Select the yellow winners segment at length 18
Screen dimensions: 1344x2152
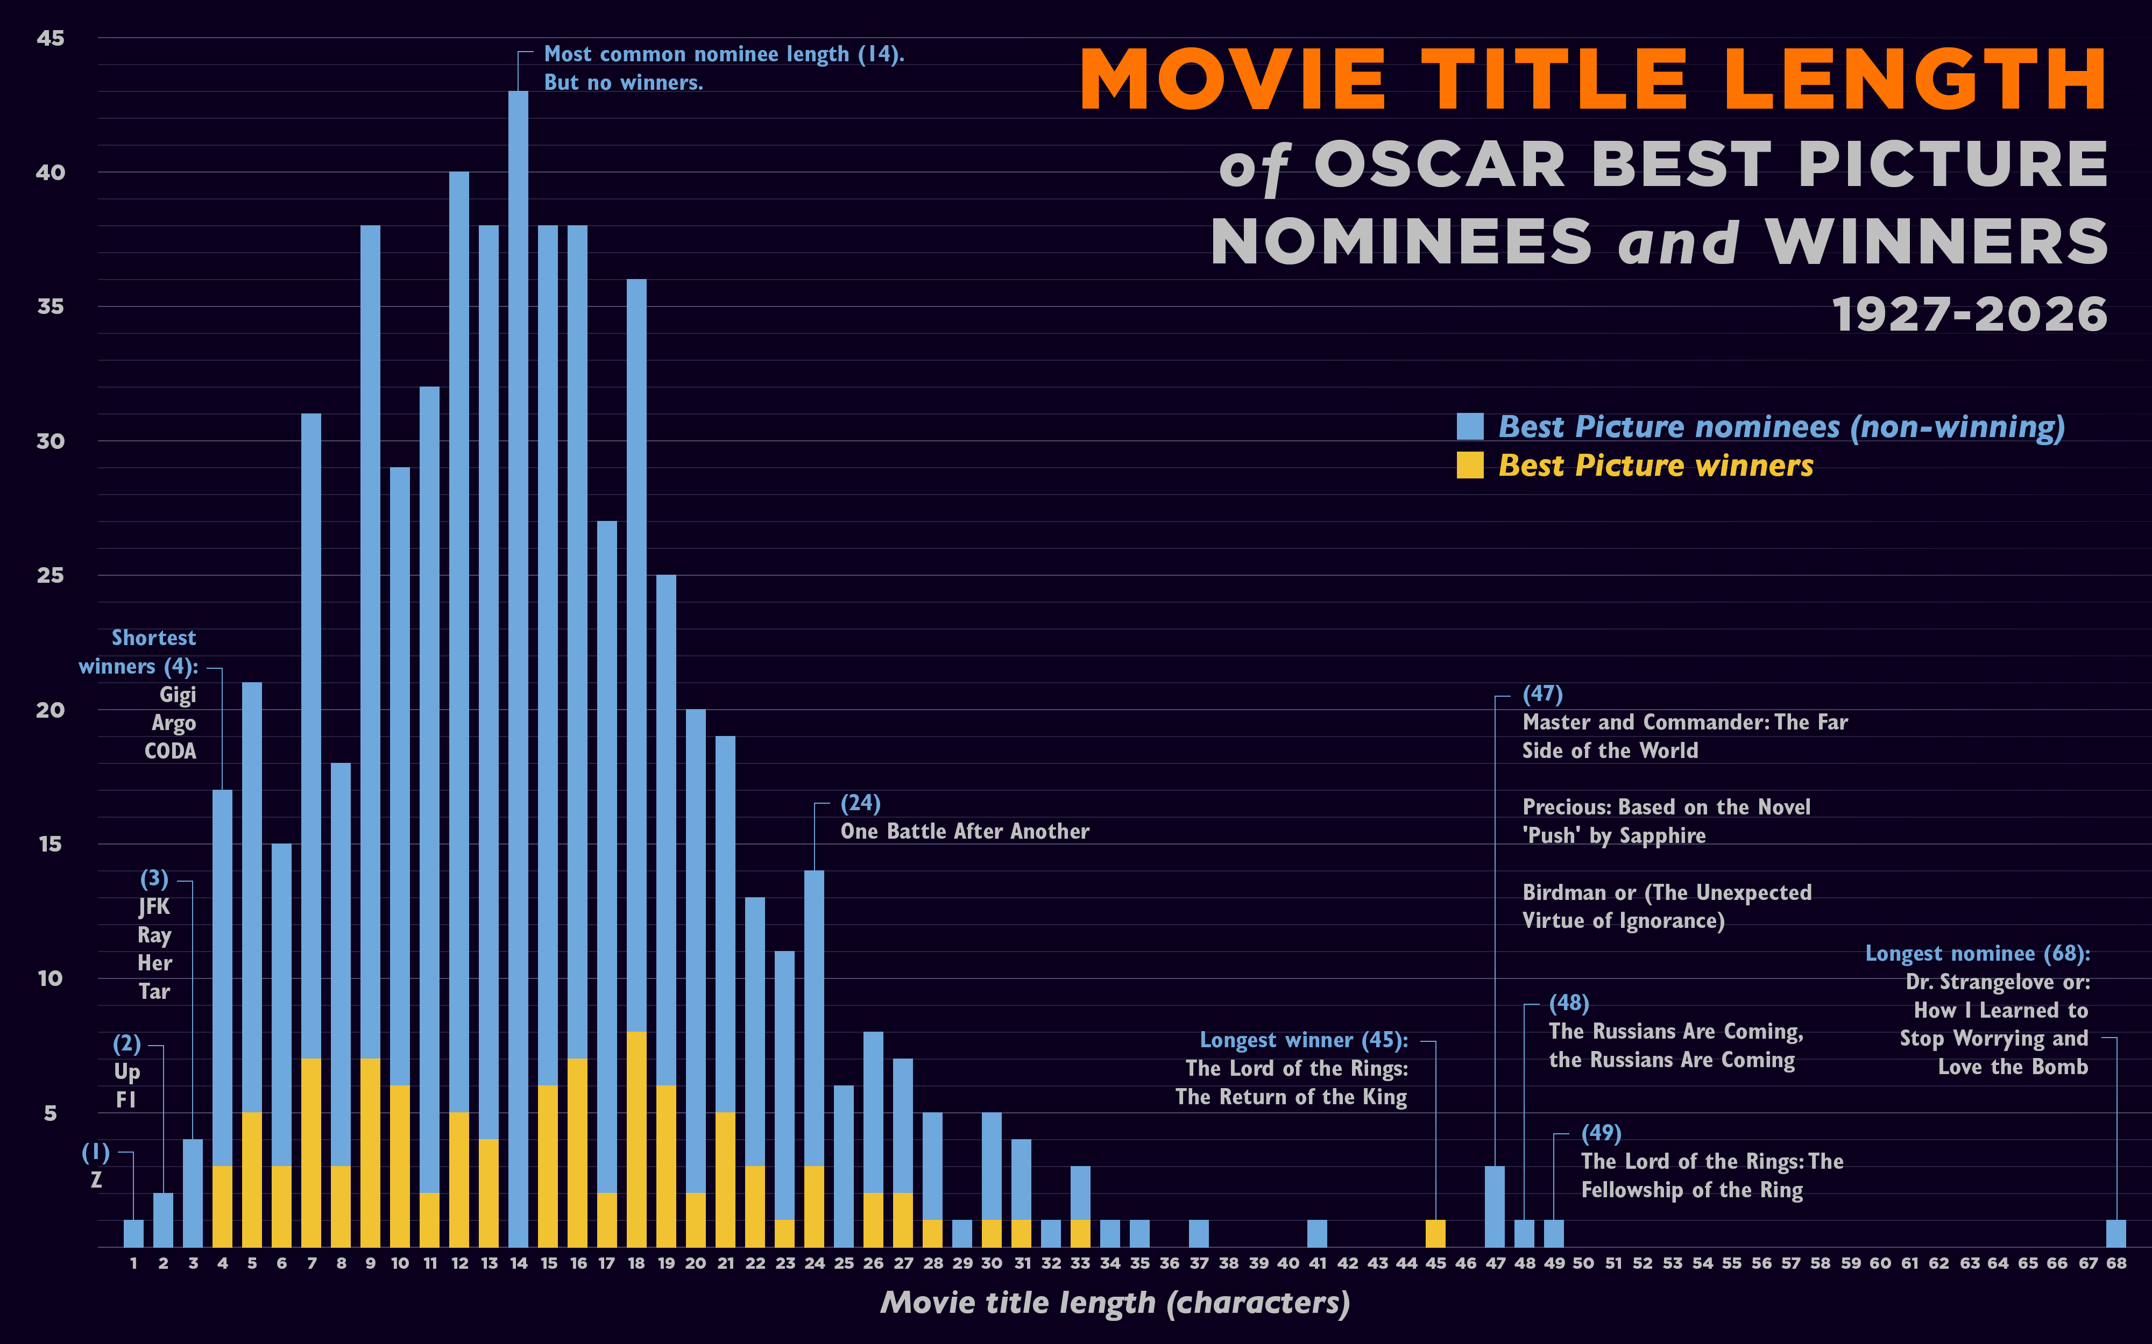pos(636,1140)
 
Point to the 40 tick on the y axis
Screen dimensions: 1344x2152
pos(51,173)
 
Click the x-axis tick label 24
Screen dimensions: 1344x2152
pos(815,1263)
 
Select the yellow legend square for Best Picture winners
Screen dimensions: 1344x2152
pos(1470,465)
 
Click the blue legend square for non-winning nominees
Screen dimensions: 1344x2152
pos(1470,427)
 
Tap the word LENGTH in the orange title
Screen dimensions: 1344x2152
pos(1916,80)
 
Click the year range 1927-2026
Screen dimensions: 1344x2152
pos(1970,314)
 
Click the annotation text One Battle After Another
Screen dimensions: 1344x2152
pos(965,831)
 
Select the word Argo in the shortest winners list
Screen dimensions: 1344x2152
pos(173,723)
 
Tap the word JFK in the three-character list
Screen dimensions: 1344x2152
pos(154,907)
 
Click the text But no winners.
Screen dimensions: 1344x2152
pos(624,83)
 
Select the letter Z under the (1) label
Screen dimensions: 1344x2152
pos(96,1181)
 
